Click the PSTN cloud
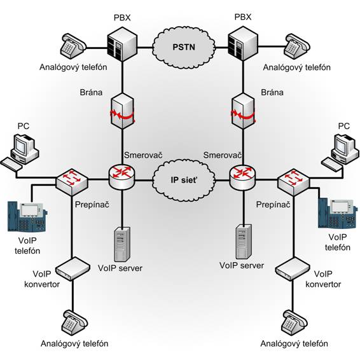184,48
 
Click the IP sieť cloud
184,180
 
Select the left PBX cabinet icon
122,44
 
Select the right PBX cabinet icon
243,44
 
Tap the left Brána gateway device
122,111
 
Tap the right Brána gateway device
243,111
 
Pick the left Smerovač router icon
122,177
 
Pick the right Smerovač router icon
242,177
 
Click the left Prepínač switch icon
72,182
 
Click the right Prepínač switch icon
294,182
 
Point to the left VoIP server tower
121,244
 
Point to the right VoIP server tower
244,242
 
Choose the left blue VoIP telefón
27,216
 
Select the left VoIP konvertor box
73,269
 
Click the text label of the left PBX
122,17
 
